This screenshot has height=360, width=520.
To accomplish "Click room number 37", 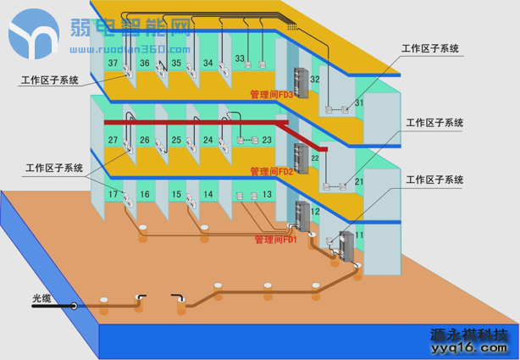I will tap(113, 64).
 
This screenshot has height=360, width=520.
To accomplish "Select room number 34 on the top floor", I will tap(208, 63).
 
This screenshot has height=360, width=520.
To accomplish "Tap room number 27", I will tap(113, 140).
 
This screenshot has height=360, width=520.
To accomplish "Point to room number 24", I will tap(208, 140).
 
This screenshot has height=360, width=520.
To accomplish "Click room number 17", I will tap(113, 195).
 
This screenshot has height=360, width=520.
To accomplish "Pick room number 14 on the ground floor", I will tap(208, 195).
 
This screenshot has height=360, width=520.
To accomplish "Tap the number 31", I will tap(358, 103).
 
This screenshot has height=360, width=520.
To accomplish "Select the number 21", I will tap(358, 182).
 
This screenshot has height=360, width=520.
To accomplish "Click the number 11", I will tap(358, 235).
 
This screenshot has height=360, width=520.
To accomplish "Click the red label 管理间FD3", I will tap(271, 95).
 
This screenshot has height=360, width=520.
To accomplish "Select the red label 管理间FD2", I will tap(271, 171).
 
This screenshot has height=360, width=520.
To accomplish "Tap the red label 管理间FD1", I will tap(275, 240).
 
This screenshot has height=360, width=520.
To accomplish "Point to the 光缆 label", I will tap(42, 299).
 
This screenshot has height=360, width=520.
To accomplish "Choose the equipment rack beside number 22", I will tap(299, 158).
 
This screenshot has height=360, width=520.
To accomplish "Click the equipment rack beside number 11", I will tap(346, 246).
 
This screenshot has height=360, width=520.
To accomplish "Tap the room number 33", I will tap(240, 59).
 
